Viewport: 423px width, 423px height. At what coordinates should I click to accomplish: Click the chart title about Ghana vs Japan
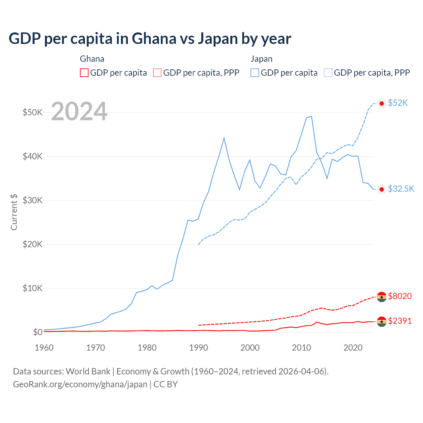(150, 39)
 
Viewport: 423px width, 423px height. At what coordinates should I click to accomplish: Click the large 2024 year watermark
(79, 112)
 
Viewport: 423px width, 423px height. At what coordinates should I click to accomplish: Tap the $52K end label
(398, 103)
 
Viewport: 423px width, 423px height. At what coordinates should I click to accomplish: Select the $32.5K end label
(401, 189)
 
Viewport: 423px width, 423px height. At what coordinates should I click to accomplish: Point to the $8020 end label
(400, 296)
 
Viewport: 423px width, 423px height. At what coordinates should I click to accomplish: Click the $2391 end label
(400, 321)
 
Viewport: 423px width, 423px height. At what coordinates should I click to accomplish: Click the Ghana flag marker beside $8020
(382, 297)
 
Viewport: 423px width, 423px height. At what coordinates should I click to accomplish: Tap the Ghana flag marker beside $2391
(382, 322)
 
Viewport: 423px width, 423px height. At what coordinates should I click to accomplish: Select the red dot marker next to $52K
(382, 103)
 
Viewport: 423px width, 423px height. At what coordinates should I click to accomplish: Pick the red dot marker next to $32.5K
(382, 189)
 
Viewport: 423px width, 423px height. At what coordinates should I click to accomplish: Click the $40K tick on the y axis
(32, 156)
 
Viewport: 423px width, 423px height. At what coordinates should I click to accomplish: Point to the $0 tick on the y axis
(38, 332)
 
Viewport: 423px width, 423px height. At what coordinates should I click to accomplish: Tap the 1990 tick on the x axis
(199, 348)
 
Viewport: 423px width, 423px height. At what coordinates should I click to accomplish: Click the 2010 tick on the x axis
(301, 348)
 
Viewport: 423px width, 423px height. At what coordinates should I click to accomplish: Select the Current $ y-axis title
(14, 212)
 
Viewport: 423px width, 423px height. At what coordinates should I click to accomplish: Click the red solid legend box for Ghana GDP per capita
(84, 73)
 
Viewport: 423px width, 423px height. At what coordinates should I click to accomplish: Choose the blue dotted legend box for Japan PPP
(328, 73)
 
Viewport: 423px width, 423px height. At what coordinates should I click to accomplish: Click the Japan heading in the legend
(261, 59)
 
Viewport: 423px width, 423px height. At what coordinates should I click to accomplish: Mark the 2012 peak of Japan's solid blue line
(311, 116)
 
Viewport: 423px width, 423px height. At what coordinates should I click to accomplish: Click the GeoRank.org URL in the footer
(80, 384)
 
